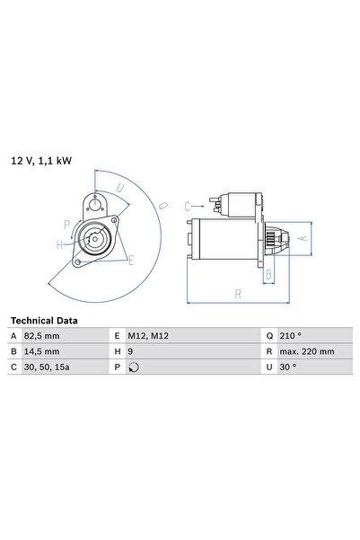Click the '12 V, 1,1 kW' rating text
(40, 161)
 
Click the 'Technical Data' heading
(43, 320)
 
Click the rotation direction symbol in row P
(135, 367)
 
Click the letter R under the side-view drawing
(237, 293)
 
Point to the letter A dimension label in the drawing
(303, 238)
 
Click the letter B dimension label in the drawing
(268, 274)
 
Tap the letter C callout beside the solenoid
(188, 206)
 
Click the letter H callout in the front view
(60, 243)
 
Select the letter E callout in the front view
(130, 261)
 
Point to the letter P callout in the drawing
(66, 225)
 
